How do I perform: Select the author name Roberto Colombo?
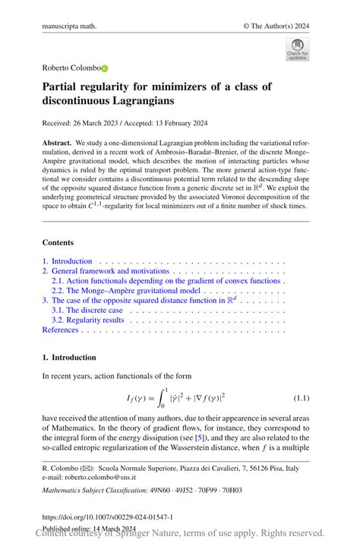71,68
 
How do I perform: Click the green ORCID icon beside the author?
105,68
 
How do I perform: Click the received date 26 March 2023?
96,123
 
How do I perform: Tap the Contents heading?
58,242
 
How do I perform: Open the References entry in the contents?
60,330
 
